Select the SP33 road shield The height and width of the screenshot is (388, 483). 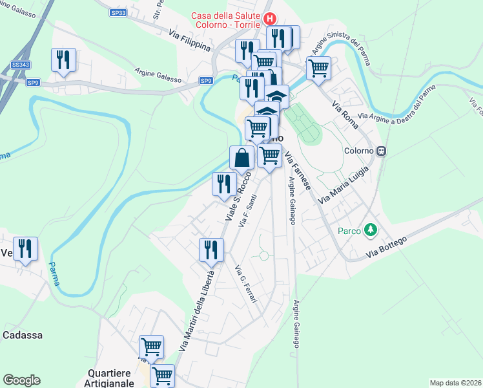coord(118,12)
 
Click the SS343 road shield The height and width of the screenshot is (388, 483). coord(20,65)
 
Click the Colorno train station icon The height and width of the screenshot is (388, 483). coord(382,151)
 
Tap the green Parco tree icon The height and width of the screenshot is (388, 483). coord(371,229)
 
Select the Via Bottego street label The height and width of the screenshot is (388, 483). coord(386,246)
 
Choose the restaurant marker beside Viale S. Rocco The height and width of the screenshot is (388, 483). coord(223,184)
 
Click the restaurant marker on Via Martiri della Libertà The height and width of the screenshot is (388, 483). coord(211,249)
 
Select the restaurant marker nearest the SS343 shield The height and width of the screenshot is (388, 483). coord(63,60)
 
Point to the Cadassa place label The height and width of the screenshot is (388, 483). coord(23,335)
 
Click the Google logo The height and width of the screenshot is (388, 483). coord(21,380)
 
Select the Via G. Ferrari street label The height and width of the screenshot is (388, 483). coord(245,285)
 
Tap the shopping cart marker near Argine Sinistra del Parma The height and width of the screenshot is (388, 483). coord(318,67)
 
